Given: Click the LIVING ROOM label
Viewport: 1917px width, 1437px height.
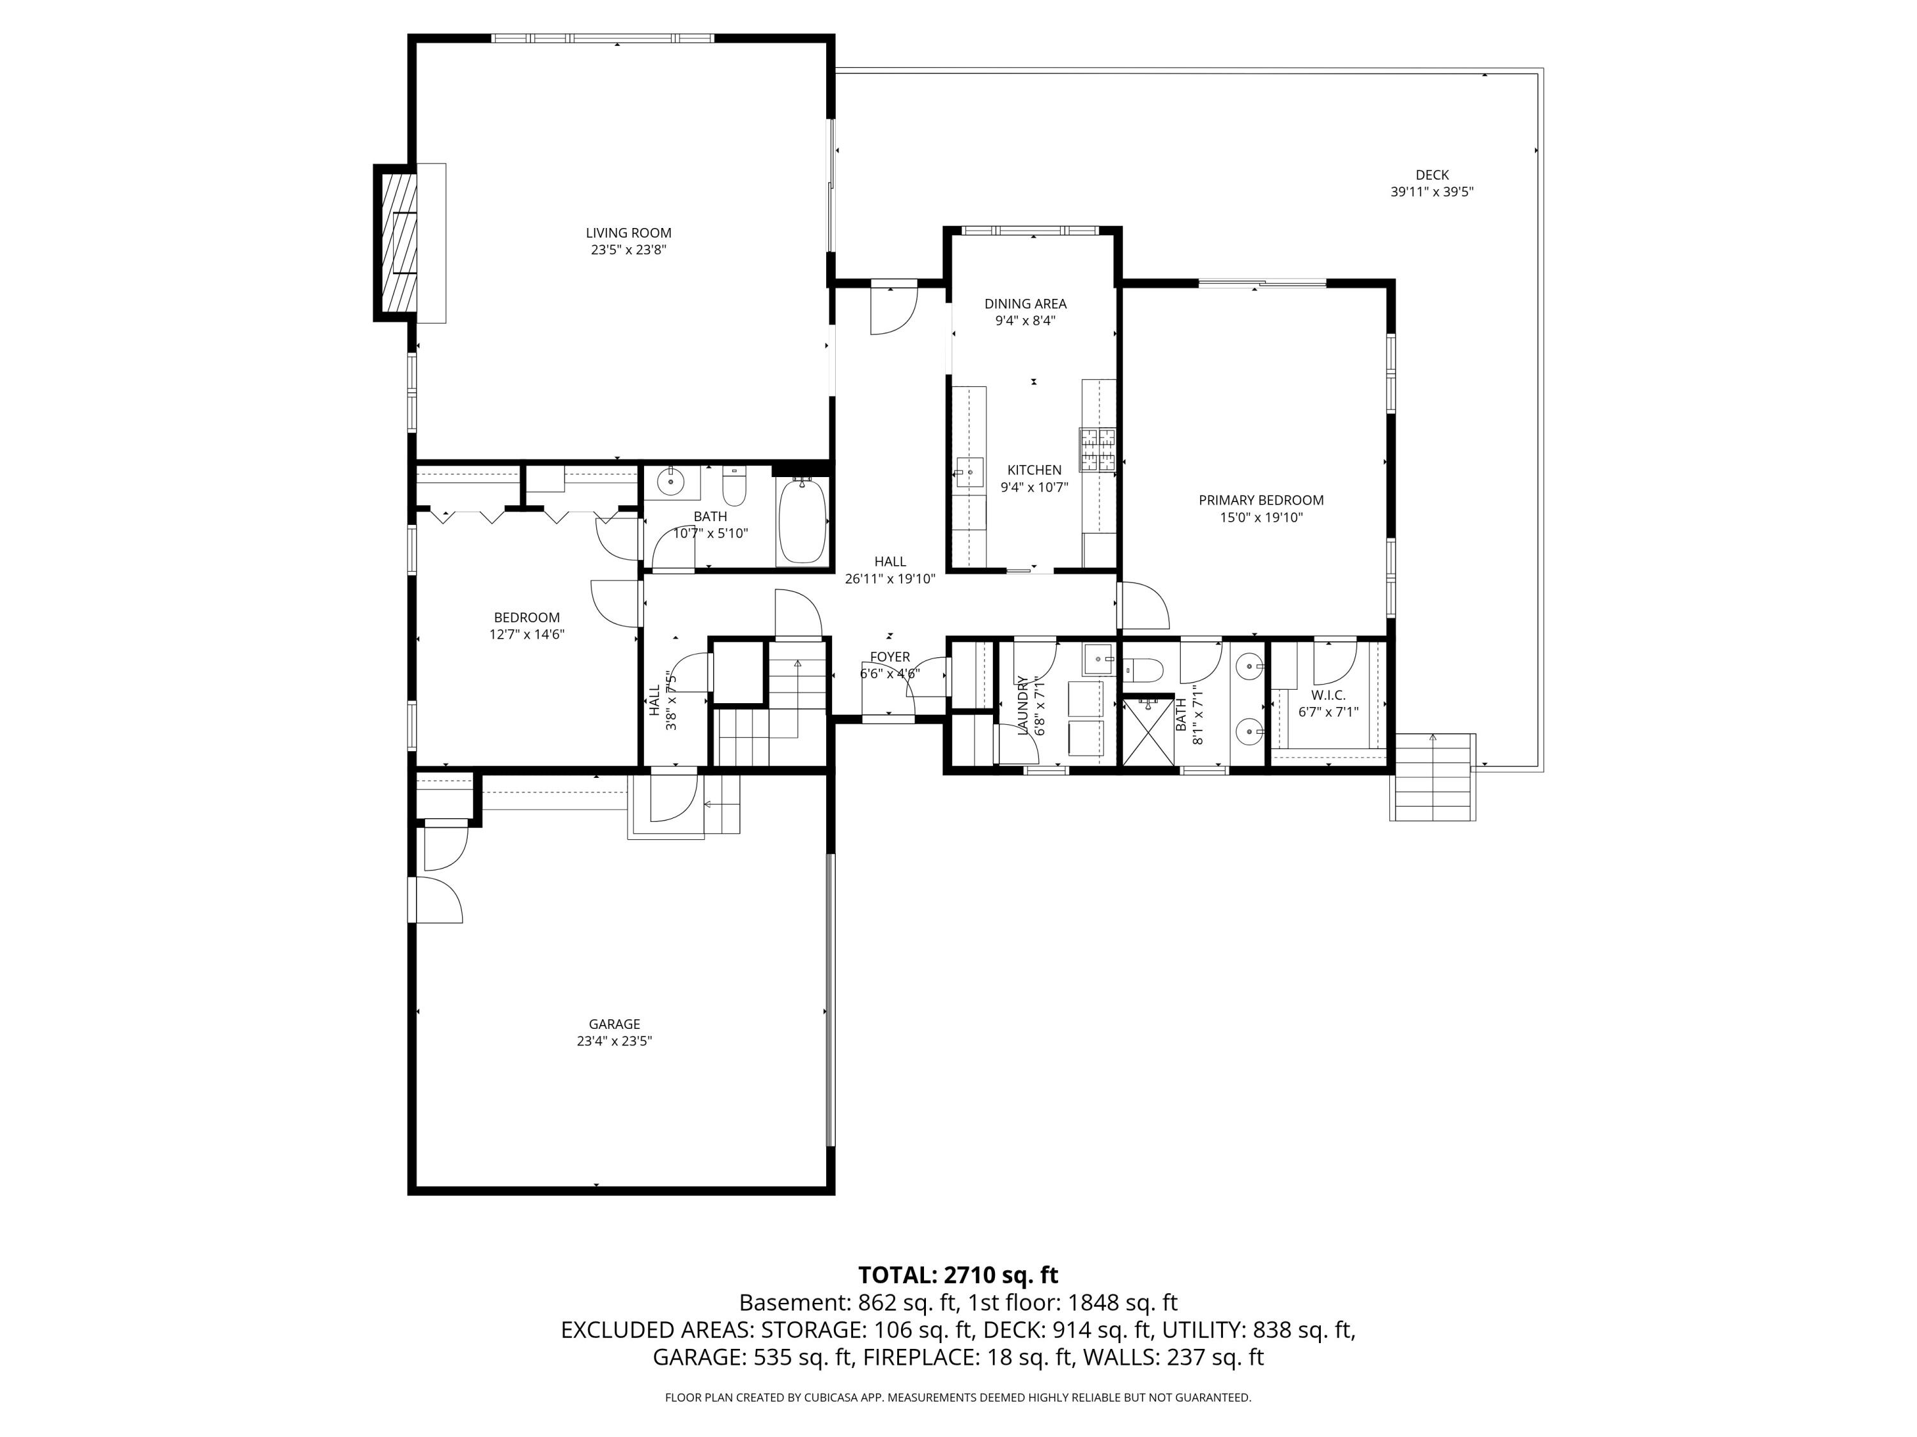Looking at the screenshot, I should (628, 232).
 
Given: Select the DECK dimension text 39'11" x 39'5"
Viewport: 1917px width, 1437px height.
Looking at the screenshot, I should (1432, 192).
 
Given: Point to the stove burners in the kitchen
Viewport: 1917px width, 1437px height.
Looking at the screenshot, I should (1097, 450).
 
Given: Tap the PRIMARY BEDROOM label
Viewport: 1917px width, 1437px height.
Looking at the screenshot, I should (1261, 500).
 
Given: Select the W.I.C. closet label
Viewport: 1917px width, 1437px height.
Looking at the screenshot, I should (1328, 695).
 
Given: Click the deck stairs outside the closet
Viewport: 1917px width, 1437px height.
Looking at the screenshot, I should (1432, 777).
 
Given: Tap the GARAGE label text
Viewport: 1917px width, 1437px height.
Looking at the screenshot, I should (615, 1024).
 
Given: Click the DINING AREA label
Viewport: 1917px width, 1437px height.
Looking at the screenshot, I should (1025, 303).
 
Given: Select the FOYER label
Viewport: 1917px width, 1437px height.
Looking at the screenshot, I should (890, 657).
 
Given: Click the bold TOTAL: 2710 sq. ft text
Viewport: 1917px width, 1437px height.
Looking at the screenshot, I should (958, 1275).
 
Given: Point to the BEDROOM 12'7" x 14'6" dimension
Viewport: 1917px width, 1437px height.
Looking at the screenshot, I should (527, 634).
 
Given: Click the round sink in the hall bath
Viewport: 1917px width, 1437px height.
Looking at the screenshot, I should (670, 482).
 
